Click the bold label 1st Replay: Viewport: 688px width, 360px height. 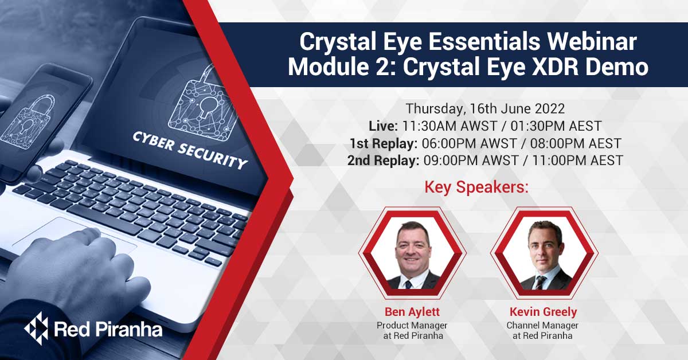point(383,143)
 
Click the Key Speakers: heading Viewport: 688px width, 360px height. point(476,187)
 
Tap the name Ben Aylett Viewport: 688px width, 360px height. point(412,312)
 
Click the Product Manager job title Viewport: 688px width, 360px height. point(412,326)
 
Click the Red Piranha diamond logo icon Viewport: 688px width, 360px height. point(36,328)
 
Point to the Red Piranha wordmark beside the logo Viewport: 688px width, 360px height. point(107,329)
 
